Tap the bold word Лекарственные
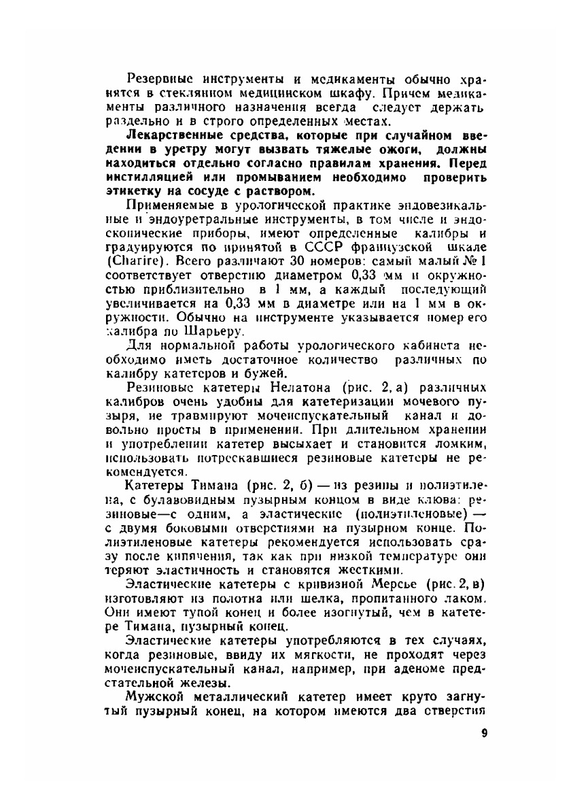(x=174, y=135)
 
